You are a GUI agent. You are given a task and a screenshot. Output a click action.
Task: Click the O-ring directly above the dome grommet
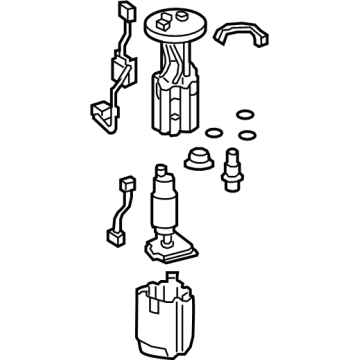212,133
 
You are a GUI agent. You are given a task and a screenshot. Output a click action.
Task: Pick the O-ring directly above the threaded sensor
243,133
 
